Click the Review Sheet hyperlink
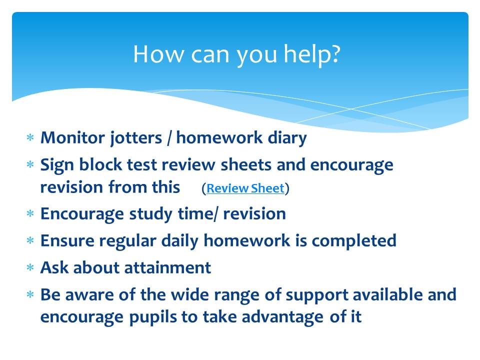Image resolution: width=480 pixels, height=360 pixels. coord(245,188)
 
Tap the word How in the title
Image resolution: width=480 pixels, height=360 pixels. coord(158,54)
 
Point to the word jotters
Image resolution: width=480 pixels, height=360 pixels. coord(136,138)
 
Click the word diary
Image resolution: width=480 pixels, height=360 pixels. coord(287,138)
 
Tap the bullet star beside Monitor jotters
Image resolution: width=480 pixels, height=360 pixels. coord(30,137)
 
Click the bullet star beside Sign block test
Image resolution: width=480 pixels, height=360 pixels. coord(30,164)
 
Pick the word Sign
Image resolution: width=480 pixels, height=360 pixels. coord(57,165)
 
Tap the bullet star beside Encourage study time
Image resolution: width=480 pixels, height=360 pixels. coord(30,213)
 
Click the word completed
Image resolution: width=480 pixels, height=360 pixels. coord(354,241)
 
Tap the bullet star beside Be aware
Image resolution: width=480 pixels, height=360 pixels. coord(30,294)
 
